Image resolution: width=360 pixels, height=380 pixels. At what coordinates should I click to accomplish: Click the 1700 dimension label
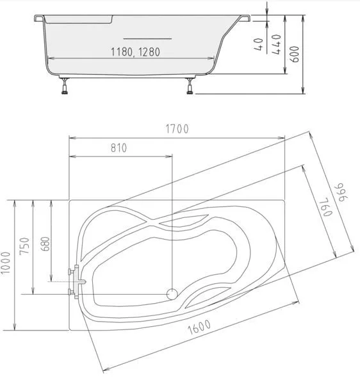[177, 129]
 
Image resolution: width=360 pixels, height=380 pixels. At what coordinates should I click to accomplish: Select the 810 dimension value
[119, 148]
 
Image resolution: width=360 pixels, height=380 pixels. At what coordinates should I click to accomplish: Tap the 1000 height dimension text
[6, 263]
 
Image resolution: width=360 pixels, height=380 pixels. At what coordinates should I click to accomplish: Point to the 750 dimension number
[25, 245]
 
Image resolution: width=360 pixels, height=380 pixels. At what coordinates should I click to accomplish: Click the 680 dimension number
[45, 244]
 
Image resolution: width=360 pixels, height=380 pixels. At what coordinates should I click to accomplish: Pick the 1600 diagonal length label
[199, 327]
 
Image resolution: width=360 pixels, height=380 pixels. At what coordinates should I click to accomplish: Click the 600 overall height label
[295, 54]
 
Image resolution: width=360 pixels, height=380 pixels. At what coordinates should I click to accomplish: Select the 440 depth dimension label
[276, 44]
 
